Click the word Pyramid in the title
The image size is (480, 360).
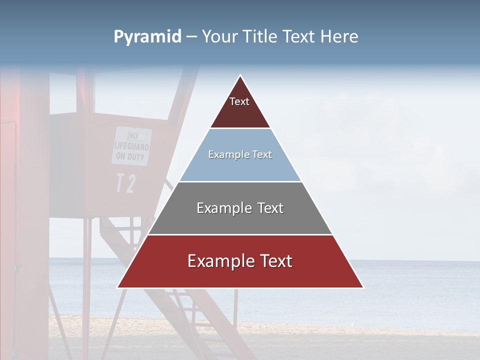click(x=147, y=37)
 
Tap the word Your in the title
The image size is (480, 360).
click(x=219, y=37)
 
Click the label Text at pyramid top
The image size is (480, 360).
click(x=239, y=101)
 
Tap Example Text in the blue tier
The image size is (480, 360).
click(x=240, y=154)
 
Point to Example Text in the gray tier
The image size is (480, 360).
click(x=240, y=208)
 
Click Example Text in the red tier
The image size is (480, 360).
click(x=240, y=261)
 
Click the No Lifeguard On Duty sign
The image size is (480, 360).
click(x=131, y=146)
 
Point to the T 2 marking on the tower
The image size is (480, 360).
click(x=125, y=183)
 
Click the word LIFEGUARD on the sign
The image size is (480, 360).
click(x=131, y=146)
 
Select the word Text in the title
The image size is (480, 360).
click(x=300, y=37)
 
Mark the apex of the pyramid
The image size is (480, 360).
click(x=240, y=76)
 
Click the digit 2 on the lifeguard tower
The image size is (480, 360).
click(x=130, y=183)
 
